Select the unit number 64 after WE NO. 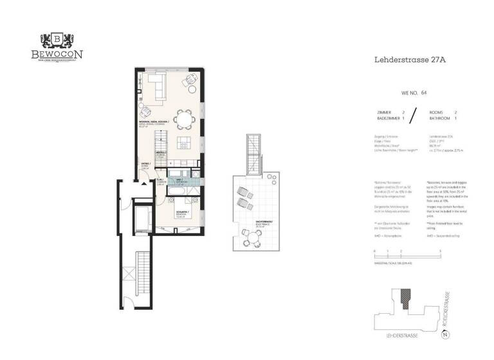pyautogui.click(x=424, y=92)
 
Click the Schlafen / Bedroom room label pyautogui.click(x=181, y=215)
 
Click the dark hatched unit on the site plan pyautogui.click(x=405, y=297)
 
